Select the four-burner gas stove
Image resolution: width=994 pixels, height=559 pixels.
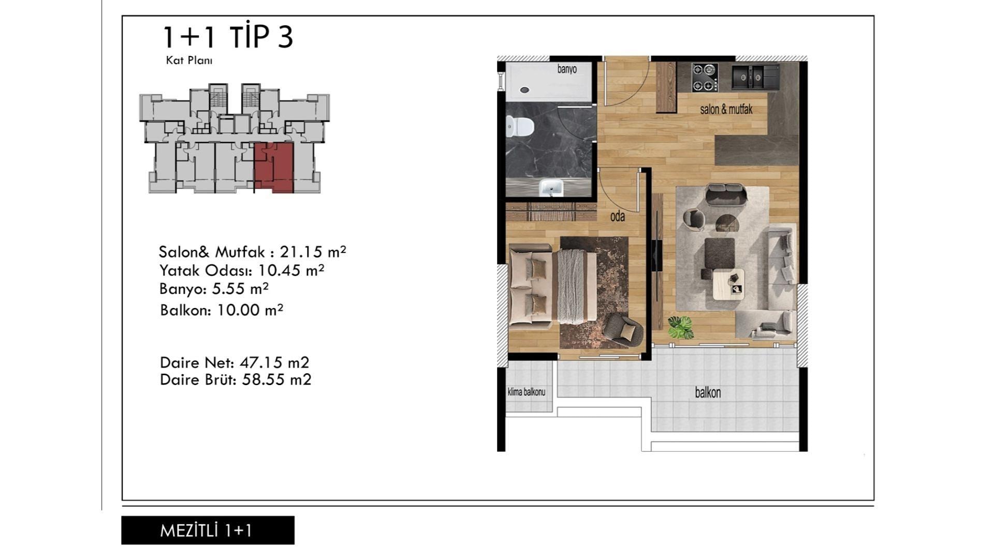pos(705,77)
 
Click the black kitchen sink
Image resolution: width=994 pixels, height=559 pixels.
pos(755,77)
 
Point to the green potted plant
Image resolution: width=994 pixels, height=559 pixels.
pos(680,327)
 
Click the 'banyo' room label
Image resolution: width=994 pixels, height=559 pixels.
pos(567,69)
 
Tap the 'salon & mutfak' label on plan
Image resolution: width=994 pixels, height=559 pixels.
pos(726,109)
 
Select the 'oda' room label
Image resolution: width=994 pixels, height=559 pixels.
pos(617,216)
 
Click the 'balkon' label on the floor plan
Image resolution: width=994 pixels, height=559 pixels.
pos(708,393)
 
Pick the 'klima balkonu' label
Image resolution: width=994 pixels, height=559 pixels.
pos(527,392)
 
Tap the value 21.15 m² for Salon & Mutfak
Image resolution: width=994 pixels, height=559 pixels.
pos(313,252)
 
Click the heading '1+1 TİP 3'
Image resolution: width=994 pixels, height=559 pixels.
pos(228,37)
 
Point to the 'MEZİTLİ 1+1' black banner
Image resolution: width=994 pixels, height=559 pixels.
pos(208,530)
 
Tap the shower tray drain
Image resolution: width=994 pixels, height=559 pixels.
pos(524,90)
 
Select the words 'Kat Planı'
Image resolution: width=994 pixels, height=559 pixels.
pos(189,60)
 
